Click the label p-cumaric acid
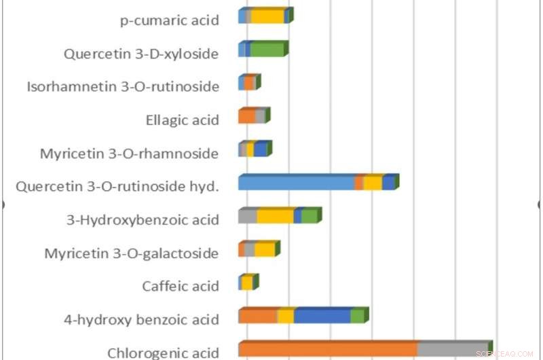click(x=169, y=20)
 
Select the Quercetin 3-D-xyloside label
click(x=141, y=54)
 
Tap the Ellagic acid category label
click(x=182, y=120)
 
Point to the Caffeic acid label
click(x=181, y=286)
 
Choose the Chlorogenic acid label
click(x=163, y=353)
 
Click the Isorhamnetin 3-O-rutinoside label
click(x=123, y=86)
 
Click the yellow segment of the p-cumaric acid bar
click(x=267, y=17)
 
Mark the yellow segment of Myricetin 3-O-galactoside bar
click(x=264, y=250)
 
